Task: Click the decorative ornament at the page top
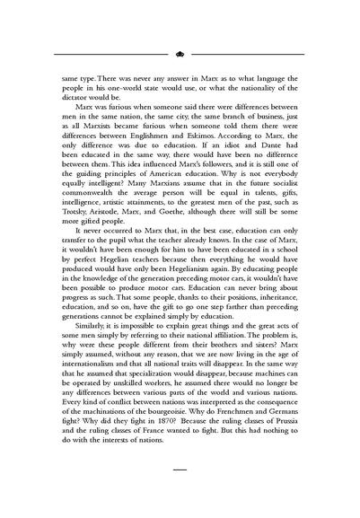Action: (x=180, y=53)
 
